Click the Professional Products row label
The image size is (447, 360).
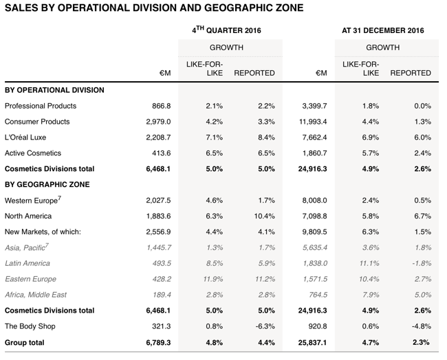[x=41, y=106]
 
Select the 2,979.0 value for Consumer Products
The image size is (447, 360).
[x=158, y=122]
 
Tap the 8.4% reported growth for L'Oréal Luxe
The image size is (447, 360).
[x=266, y=137]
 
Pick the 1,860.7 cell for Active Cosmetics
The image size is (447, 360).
[x=315, y=153]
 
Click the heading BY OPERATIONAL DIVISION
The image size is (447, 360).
[x=54, y=90]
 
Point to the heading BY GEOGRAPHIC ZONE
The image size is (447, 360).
[x=47, y=184]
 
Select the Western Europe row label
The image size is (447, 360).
[x=33, y=200]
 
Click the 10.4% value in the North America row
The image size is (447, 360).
[x=264, y=216]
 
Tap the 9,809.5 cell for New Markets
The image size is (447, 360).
[x=315, y=232]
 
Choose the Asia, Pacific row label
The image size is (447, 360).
[x=27, y=247]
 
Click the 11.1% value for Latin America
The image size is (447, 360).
[x=369, y=263]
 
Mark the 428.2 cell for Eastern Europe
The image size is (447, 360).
[x=162, y=279]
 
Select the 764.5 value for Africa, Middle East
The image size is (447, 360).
[x=318, y=295]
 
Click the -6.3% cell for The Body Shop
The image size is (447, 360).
[x=265, y=326]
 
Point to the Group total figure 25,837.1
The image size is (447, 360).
[x=312, y=342]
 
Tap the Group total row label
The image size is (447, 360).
[x=25, y=342]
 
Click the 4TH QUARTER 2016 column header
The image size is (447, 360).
[x=226, y=30]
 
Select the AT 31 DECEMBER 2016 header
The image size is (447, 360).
[x=383, y=30]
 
